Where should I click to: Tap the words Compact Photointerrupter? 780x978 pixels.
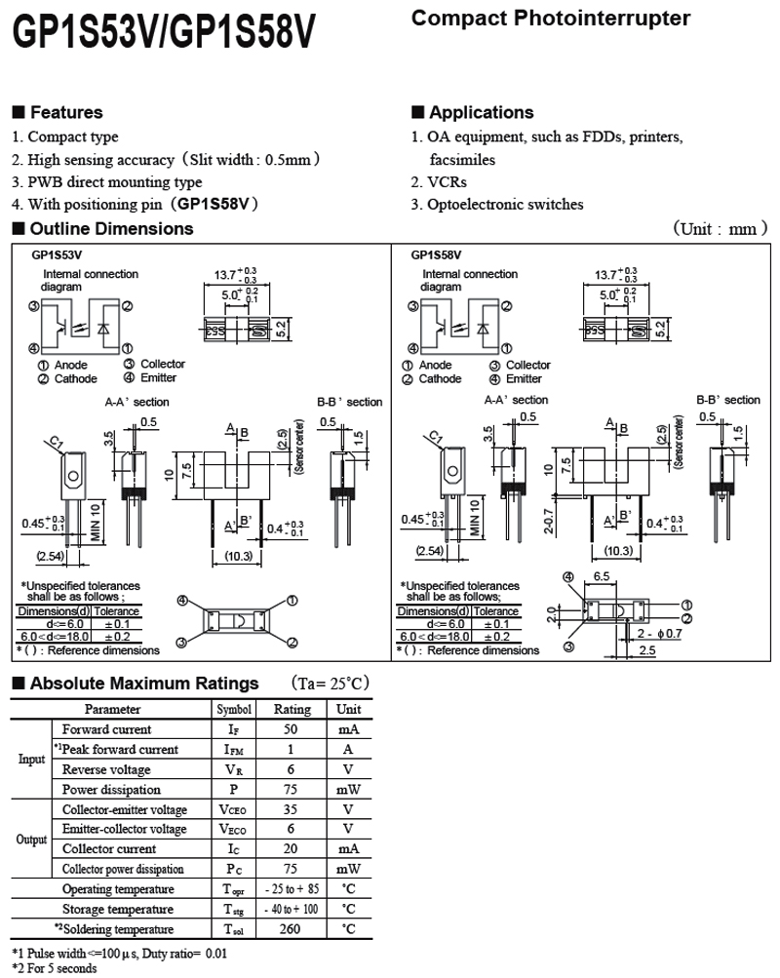click(x=551, y=19)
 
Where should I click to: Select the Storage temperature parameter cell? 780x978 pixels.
click(x=119, y=910)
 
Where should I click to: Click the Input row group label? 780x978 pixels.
click(x=31, y=760)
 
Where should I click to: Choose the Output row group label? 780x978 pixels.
click(x=31, y=840)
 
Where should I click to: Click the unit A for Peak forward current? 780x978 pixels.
click(x=348, y=750)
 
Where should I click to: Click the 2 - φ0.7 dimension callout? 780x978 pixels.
click(x=660, y=634)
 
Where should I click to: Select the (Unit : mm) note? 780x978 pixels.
click(x=721, y=229)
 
